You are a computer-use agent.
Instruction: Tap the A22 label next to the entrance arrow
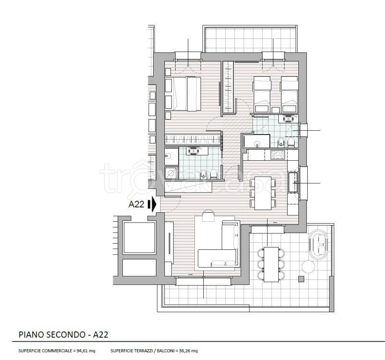pos(136,204)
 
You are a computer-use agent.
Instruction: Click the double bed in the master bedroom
pos(187,94)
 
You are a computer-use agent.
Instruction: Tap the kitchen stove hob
pos(278,155)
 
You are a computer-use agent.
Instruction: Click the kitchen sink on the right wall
pos(293,182)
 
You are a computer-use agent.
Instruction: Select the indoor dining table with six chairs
pos(263,193)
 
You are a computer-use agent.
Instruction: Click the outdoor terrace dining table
pos(271,264)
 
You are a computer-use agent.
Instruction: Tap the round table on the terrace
pos(308,266)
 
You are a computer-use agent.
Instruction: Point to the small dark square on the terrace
pos(301,279)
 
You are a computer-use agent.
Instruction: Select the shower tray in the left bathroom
pos(170,173)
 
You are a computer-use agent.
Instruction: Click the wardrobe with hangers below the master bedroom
pos(193,140)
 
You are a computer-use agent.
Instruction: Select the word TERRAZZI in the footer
pos(142,351)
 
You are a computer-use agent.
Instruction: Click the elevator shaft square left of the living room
pos(140,238)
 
